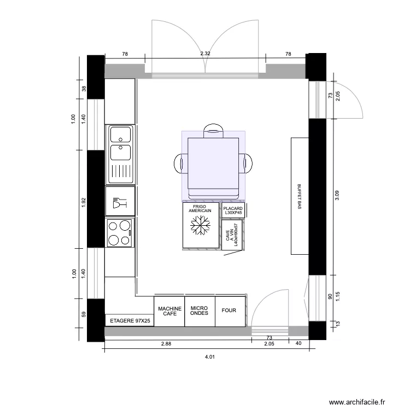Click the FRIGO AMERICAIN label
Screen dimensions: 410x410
point(200,209)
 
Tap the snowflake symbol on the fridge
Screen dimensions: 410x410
point(200,227)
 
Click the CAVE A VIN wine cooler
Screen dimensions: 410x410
point(232,235)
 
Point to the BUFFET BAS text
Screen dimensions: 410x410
point(299,196)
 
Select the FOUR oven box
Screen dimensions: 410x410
point(229,311)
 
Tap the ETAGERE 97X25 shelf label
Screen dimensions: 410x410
point(129,321)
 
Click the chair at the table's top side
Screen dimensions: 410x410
point(213,131)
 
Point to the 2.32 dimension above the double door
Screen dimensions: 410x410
point(205,54)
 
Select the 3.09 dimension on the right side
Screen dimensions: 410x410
point(336,195)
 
